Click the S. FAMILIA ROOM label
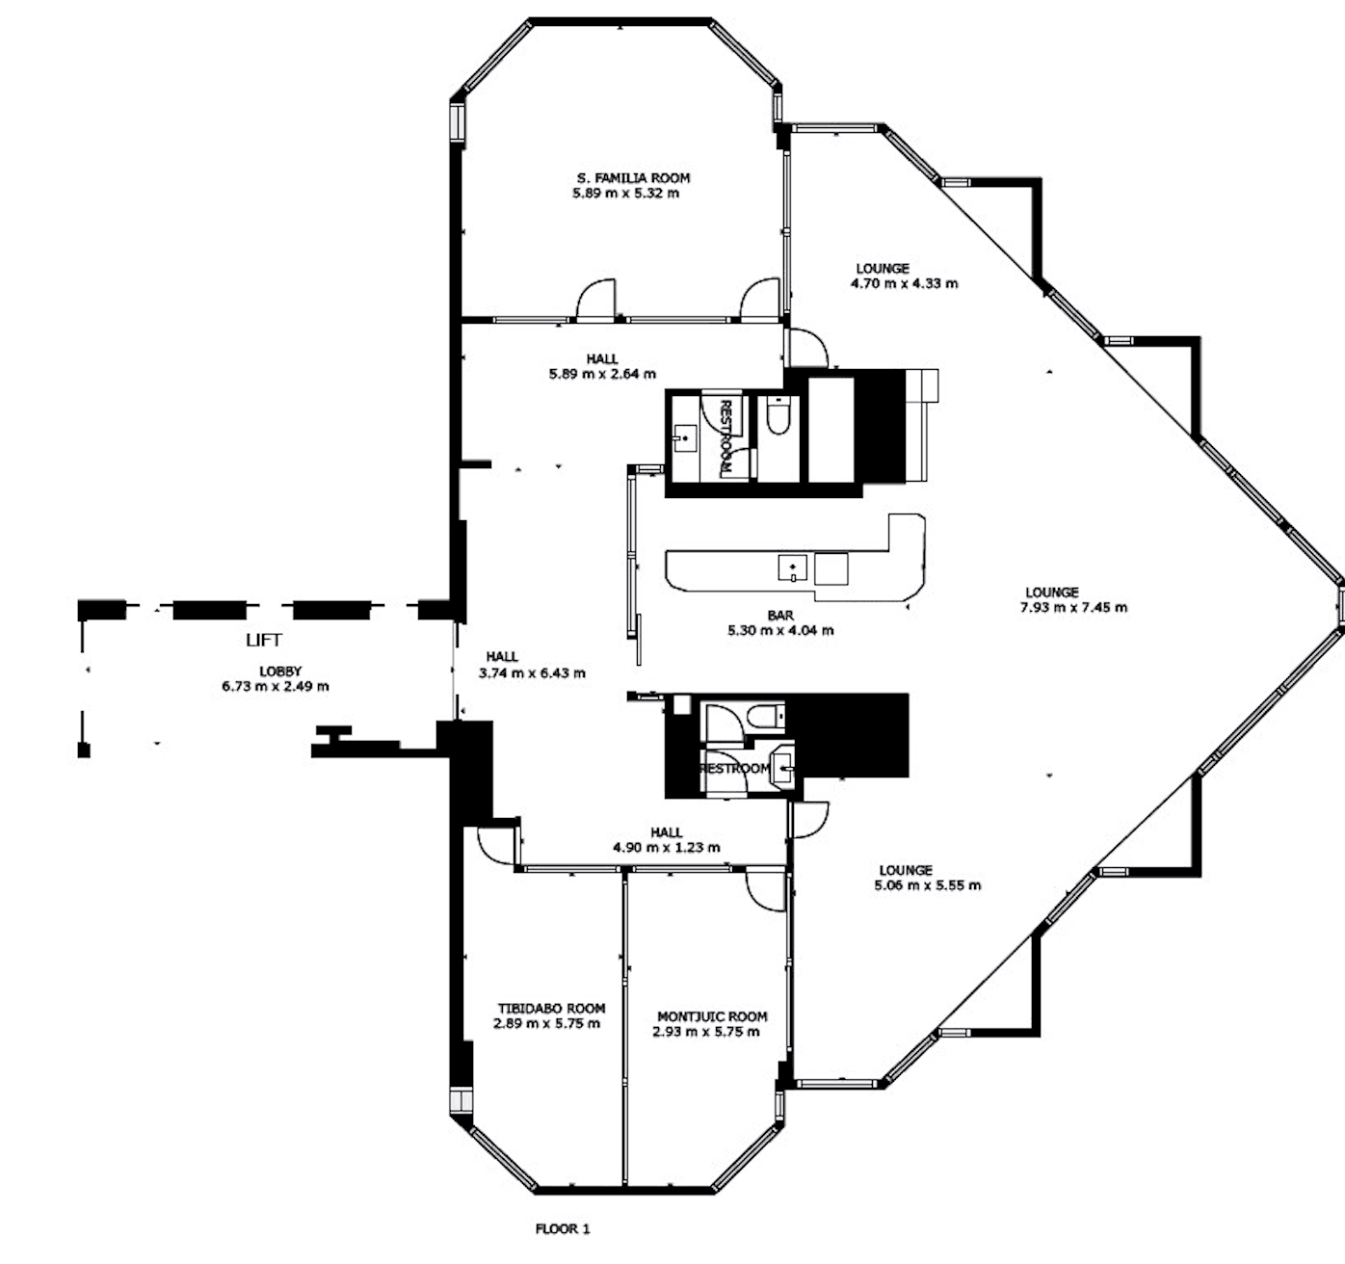pos(633,178)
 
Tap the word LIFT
pos(263,640)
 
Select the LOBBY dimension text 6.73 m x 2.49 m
pos(276,686)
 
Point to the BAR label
pos(780,616)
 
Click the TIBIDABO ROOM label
pos(551,1009)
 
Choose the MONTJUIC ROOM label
pos(712,1016)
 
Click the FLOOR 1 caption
pos(562,1228)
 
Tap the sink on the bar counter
pos(792,567)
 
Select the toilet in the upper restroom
pos(778,415)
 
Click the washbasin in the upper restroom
pos(685,438)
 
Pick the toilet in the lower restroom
pos(765,716)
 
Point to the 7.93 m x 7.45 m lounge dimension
pos(1073,608)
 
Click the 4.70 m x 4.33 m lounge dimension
pos(904,284)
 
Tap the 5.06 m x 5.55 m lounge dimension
pos(927,885)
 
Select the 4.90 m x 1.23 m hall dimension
pos(667,848)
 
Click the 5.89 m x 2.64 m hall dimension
pos(602,374)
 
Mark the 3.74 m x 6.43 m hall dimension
pos(532,673)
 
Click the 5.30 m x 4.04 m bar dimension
pos(780,631)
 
